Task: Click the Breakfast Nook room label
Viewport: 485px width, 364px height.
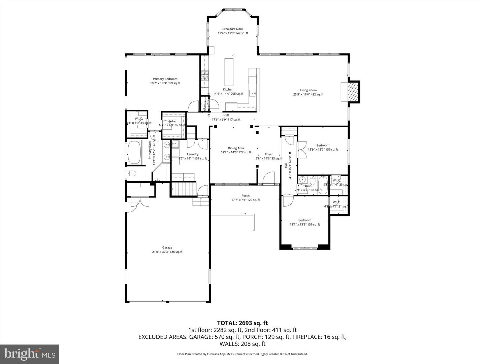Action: point(232,29)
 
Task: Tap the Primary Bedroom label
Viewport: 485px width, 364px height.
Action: point(165,79)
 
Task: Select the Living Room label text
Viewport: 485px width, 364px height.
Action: point(308,90)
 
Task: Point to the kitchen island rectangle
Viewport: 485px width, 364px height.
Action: point(229,72)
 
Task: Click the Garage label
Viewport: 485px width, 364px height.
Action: point(167,248)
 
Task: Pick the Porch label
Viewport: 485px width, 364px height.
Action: point(246,196)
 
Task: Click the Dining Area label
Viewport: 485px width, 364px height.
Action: point(236,148)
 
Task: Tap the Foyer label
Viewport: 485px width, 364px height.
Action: point(269,154)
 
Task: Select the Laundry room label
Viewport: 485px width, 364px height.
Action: point(193,154)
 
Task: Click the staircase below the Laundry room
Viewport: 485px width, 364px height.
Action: point(184,188)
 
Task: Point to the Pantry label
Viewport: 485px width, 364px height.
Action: point(204,105)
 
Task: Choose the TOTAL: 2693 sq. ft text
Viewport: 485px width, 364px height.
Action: point(242,323)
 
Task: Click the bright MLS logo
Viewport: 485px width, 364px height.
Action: point(30,354)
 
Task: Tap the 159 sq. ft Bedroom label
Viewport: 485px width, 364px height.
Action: point(305,220)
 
